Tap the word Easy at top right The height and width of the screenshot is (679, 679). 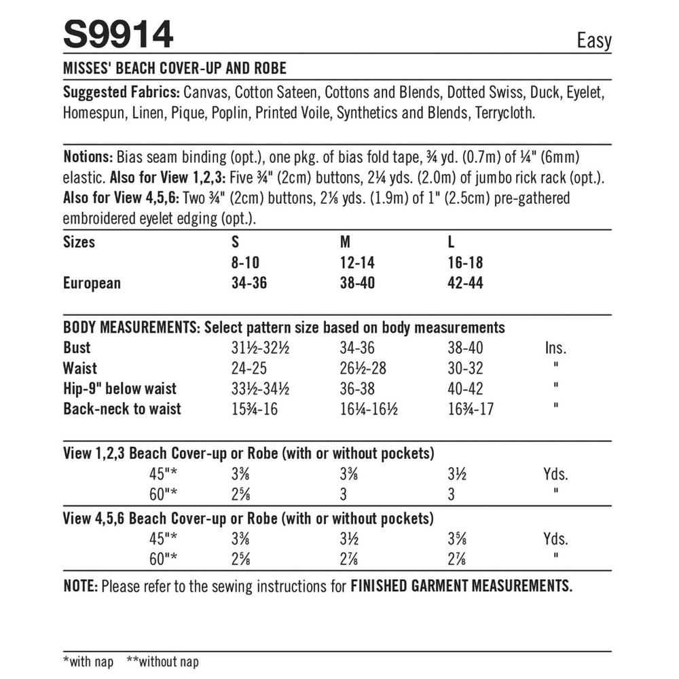pos(594,40)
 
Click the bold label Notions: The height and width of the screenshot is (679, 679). pos(88,157)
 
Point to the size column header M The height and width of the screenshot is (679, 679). pos(344,242)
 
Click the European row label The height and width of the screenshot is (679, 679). pos(92,283)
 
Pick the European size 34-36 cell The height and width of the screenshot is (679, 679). pos(249,283)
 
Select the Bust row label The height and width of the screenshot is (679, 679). pos(77,348)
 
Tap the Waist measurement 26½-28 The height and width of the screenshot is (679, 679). pos(366,369)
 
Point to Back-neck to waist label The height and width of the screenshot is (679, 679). pos(122,409)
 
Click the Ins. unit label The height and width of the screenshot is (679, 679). pos(555,348)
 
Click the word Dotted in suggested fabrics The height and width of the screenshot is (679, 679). pos(479,92)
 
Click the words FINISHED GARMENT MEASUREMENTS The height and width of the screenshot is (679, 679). pos(461,586)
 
